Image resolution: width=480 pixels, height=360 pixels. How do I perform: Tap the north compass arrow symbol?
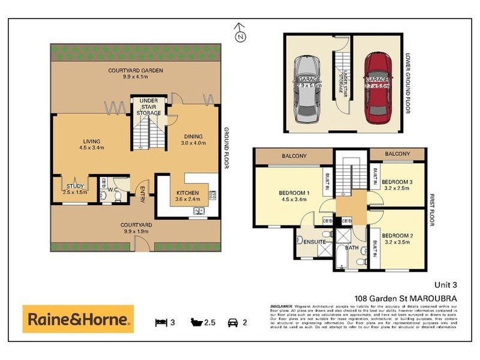coord(240,34)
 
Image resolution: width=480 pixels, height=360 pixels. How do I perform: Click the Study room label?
coord(76,190)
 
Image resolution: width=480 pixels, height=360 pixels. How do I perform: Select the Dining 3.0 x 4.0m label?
coord(194,140)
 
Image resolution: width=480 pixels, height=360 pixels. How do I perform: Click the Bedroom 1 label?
coord(294,196)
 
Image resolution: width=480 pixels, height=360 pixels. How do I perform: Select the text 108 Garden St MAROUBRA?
coord(398,299)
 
